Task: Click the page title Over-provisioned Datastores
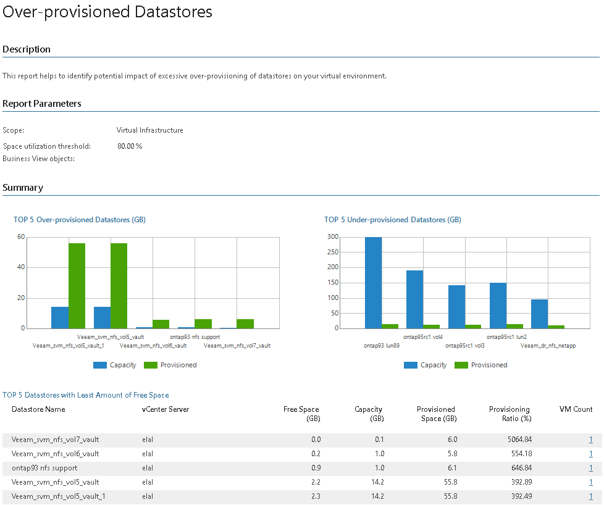[107, 12]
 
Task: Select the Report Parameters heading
[41, 104]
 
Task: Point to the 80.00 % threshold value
[130, 146]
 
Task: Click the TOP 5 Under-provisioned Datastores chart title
[393, 220]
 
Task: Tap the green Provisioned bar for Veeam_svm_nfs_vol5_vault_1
[77, 286]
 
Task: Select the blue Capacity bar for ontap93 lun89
[373, 283]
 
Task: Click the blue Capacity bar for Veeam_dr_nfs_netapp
[539, 314]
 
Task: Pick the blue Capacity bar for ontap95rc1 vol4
[415, 299]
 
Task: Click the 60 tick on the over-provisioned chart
[21, 236]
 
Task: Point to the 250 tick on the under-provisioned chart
[333, 252]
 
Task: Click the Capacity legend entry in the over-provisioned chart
[115, 365]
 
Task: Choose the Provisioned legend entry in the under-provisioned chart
[480, 365]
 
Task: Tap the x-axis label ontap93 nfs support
[195, 337]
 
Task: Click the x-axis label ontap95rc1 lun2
[506, 337]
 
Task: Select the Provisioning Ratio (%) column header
[510, 414]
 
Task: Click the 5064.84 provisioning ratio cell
[519, 440]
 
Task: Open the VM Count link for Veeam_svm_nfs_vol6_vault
[591, 454]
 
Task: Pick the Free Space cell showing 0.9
[316, 468]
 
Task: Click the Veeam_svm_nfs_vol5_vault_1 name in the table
[59, 496]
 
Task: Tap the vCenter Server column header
[166, 409]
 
